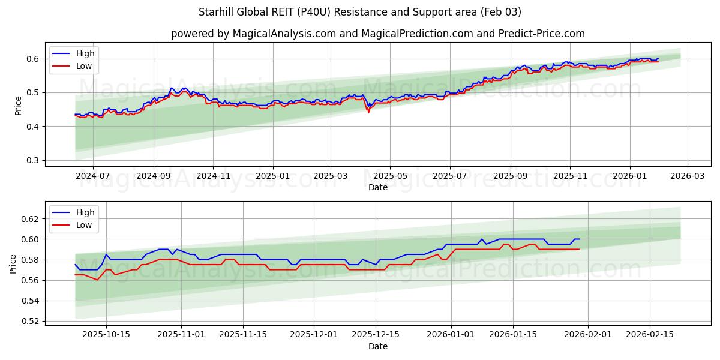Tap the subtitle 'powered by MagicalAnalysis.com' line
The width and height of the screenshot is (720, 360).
point(377,34)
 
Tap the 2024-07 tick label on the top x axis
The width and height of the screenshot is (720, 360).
point(93,176)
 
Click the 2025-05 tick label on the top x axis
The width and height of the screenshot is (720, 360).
point(390,176)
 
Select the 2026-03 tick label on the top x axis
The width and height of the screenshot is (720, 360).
point(687,176)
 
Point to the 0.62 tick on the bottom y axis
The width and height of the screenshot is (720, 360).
point(31,219)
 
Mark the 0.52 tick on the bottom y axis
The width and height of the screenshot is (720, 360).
point(31,321)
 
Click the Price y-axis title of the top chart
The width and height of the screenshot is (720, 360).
point(18,105)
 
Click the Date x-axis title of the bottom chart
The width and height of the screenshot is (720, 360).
point(377,346)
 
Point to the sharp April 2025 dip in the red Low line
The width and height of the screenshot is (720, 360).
point(368,112)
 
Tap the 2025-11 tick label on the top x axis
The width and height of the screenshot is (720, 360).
point(569,176)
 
